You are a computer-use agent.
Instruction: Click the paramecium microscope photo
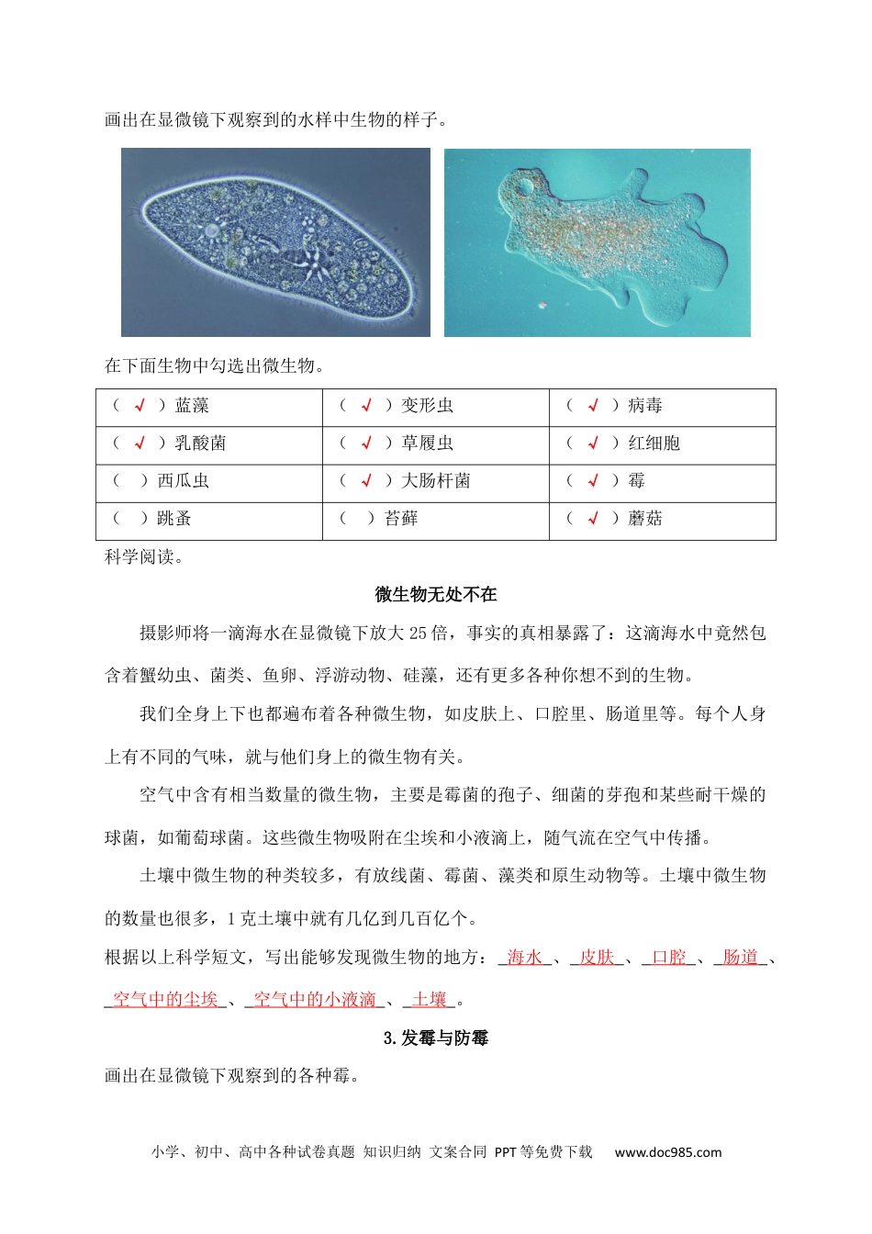275,242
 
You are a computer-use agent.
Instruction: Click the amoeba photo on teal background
597,242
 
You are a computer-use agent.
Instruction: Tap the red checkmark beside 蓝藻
140,405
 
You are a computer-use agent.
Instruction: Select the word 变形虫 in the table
427,405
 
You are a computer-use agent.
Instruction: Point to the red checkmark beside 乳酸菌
140,443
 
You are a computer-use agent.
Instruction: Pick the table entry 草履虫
427,443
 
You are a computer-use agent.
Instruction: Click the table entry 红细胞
654,443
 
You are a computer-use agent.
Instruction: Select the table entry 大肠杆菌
436,480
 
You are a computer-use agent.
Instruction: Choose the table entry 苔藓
401,518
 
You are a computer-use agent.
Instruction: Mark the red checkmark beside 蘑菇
592,518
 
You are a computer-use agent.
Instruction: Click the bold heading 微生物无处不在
436,594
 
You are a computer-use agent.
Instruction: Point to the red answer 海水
524,957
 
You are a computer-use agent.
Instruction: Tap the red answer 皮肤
597,957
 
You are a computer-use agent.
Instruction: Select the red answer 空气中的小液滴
315,999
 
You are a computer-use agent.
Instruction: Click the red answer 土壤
430,999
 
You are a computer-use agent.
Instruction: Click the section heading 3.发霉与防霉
436,1038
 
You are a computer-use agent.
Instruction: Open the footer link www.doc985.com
667,1151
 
